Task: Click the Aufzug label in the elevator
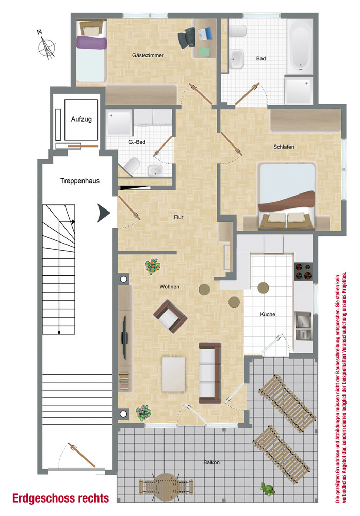click(81, 119)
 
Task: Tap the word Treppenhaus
click(79, 181)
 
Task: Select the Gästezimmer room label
click(148, 55)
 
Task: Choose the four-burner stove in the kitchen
click(303, 271)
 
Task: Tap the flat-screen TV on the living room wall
click(125, 337)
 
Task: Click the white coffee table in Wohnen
click(173, 374)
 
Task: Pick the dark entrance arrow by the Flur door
click(103, 213)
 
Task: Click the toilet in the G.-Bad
click(132, 166)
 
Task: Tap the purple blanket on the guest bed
click(92, 43)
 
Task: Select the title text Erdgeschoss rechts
click(60, 498)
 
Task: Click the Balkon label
click(211, 462)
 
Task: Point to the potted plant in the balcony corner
click(268, 489)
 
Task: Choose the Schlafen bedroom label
click(284, 147)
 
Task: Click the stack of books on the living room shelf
click(124, 381)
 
